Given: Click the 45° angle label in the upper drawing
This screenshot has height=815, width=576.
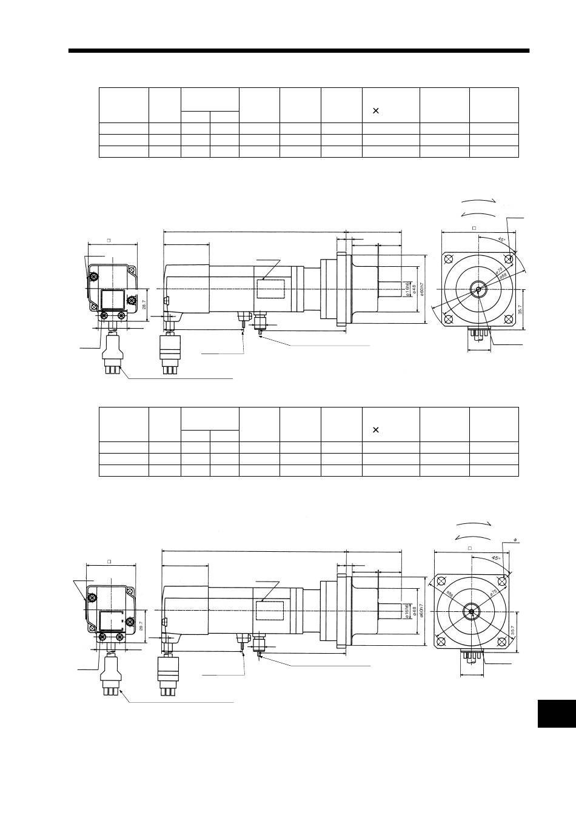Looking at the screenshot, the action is (x=501, y=240).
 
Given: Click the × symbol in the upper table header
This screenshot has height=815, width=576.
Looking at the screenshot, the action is (x=375, y=111).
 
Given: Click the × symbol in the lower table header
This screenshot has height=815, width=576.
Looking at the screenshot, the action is (x=375, y=430).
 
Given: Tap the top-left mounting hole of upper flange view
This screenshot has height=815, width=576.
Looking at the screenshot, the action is (x=449, y=260).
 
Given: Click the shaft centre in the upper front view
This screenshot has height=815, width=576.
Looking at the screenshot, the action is (x=478, y=290).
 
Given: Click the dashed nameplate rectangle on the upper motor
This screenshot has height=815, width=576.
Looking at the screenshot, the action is (x=270, y=289).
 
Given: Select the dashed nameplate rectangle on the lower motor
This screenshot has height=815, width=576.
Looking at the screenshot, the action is (x=270, y=611).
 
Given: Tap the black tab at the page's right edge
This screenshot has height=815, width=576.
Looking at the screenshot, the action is (x=555, y=713).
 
